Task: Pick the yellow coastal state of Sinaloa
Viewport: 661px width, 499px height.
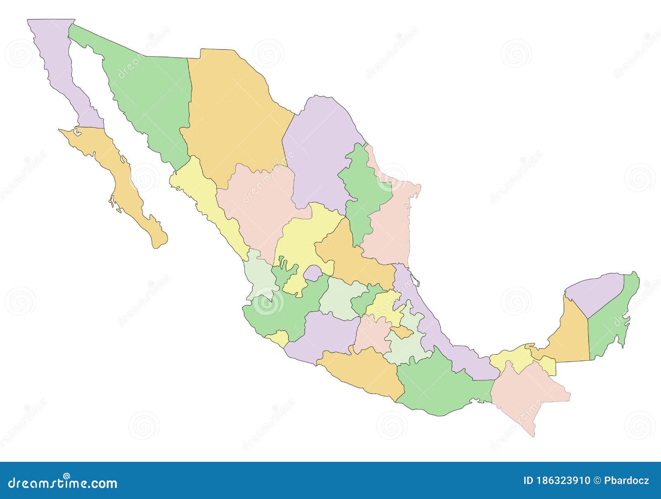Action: click(x=202, y=198)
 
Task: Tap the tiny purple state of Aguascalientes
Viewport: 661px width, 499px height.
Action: click(x=313, y=273)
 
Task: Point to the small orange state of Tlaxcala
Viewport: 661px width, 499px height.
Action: click(x=402, y=331)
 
